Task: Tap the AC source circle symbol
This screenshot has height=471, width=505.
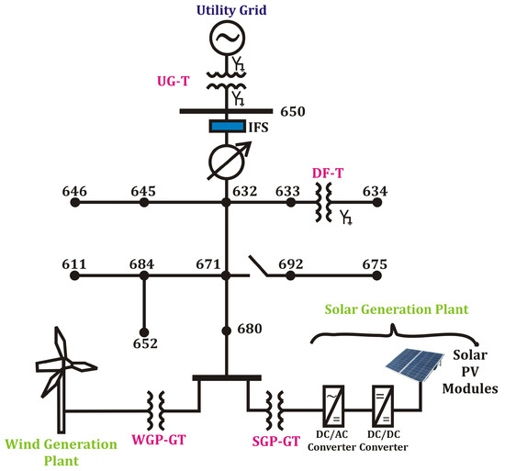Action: coord(225,39)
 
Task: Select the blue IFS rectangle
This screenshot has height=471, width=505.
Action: coord(225,126)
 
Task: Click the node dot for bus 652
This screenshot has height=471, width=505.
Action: coord(143,331)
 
